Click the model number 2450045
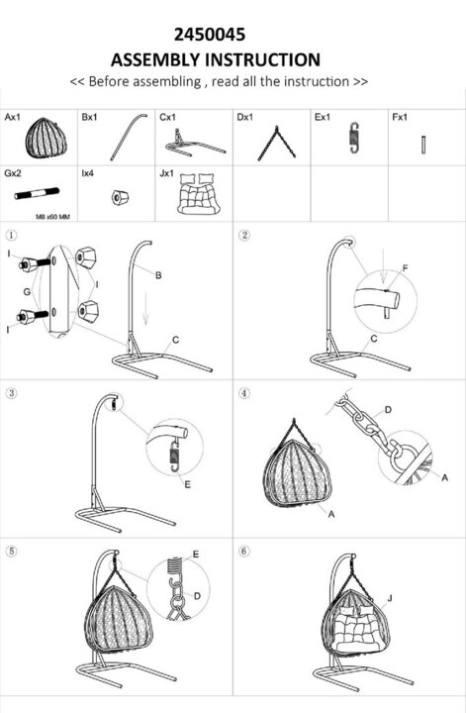pos(210,35)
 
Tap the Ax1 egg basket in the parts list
pos(46,138)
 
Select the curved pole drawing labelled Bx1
pos(129,137)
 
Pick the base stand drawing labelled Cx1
pos(195,145)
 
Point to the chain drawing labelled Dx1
pos(277,144)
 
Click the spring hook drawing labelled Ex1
pos(355,138)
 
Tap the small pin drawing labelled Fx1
pos(423,145)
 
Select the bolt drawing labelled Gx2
pos(37,193)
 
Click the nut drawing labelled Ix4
pos(120,197)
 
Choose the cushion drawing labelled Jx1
pos(199,193)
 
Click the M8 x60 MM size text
pos(53,217)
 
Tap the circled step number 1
pos(11,235)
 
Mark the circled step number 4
pos(244,393)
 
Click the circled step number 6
pos(244,552)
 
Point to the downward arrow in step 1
pos(145,309)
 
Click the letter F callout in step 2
pos(405,268)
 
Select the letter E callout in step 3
pos(188,484)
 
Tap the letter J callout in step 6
pos(389,598)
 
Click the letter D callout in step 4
pos(388,410)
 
